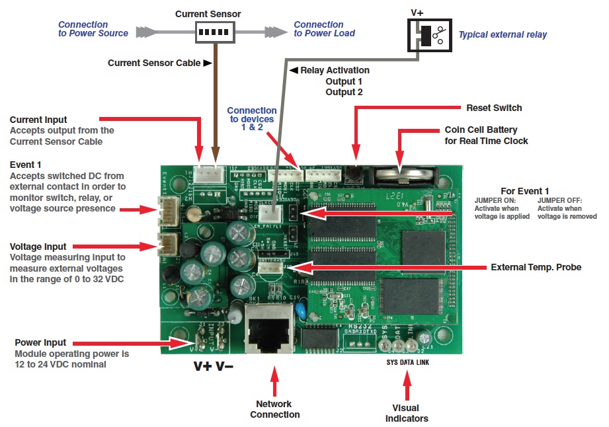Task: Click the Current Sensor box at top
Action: click(x=216, y=32)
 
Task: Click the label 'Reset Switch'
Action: click(x=494, y=108)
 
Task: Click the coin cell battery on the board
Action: click(x=405, y=175)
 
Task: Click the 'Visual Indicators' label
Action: click(x=407, y=413)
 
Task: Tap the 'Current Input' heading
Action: click(x=38, y=120)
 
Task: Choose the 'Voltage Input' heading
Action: click(x=38, y=247)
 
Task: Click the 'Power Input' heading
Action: click(x=40, y=343)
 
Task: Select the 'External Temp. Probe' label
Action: click(x=536, y=268)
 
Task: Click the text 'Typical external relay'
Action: click(x=503, y=34)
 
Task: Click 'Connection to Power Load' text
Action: click(x=324, y=29)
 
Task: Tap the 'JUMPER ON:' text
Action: click(x=492, y=200)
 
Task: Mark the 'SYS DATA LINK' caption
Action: click(x=408, y=363)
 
